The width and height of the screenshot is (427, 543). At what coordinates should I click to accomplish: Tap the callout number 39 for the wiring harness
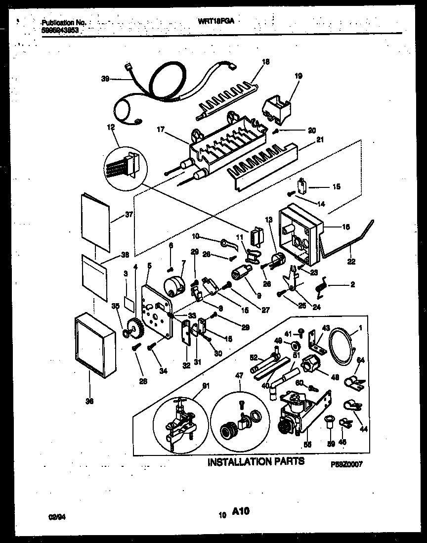[105, 78]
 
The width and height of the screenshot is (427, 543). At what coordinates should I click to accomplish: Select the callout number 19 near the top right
[299, 76]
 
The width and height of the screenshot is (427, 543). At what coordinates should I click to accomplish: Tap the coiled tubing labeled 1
[340, 346]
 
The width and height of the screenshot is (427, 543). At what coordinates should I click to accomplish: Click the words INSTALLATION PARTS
[256, 462]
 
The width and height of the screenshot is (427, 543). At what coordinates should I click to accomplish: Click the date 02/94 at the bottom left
[56, 517]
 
